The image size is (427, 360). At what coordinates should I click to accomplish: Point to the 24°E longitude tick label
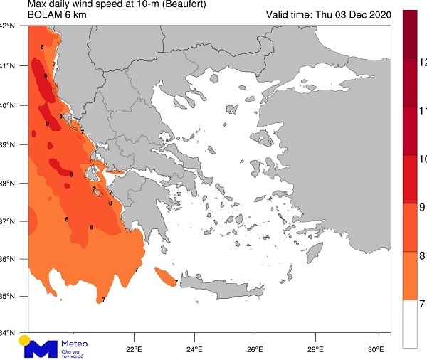pyautogui.click(x=195, y=349)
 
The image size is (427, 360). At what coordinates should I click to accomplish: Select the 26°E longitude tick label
pyautogui.click(x=255, y=349)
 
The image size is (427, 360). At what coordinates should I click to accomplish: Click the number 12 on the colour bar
pyautogui.click(x=421, y=63)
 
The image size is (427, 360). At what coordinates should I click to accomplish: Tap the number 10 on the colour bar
pyautogui.click(x=421, y=157)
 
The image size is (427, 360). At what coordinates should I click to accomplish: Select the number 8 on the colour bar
pyautogui.click(x=421, y=253)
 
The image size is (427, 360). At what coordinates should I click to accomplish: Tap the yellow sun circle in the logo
pyautogui.click(x=25, y=339)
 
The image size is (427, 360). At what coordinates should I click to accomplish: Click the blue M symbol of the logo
pyautogui.click(x=41, y=348)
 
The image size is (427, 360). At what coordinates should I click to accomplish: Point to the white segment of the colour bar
pyautogui.click(x=410, y=324)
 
